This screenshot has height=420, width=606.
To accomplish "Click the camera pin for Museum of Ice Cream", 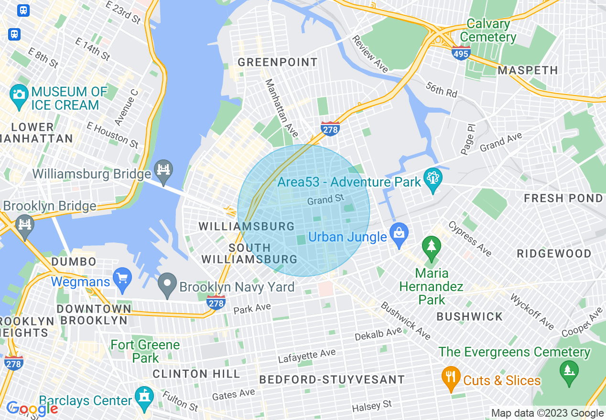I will (19, 94).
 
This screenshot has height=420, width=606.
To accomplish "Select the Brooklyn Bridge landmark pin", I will (24, 222).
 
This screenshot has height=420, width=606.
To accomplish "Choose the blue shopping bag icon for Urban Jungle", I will (399, 233).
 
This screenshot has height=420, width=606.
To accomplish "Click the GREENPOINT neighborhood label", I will (277, 63).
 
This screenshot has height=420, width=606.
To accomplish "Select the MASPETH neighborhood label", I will (528, 71).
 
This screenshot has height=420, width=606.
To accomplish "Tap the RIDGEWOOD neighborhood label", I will (554, 253).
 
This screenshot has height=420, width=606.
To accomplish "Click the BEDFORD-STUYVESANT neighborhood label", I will (332, 380).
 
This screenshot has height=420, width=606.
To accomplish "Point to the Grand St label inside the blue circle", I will (325, 199).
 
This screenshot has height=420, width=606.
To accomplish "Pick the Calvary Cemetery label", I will (488, 31).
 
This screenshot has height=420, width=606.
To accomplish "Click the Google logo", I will (32, 409).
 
